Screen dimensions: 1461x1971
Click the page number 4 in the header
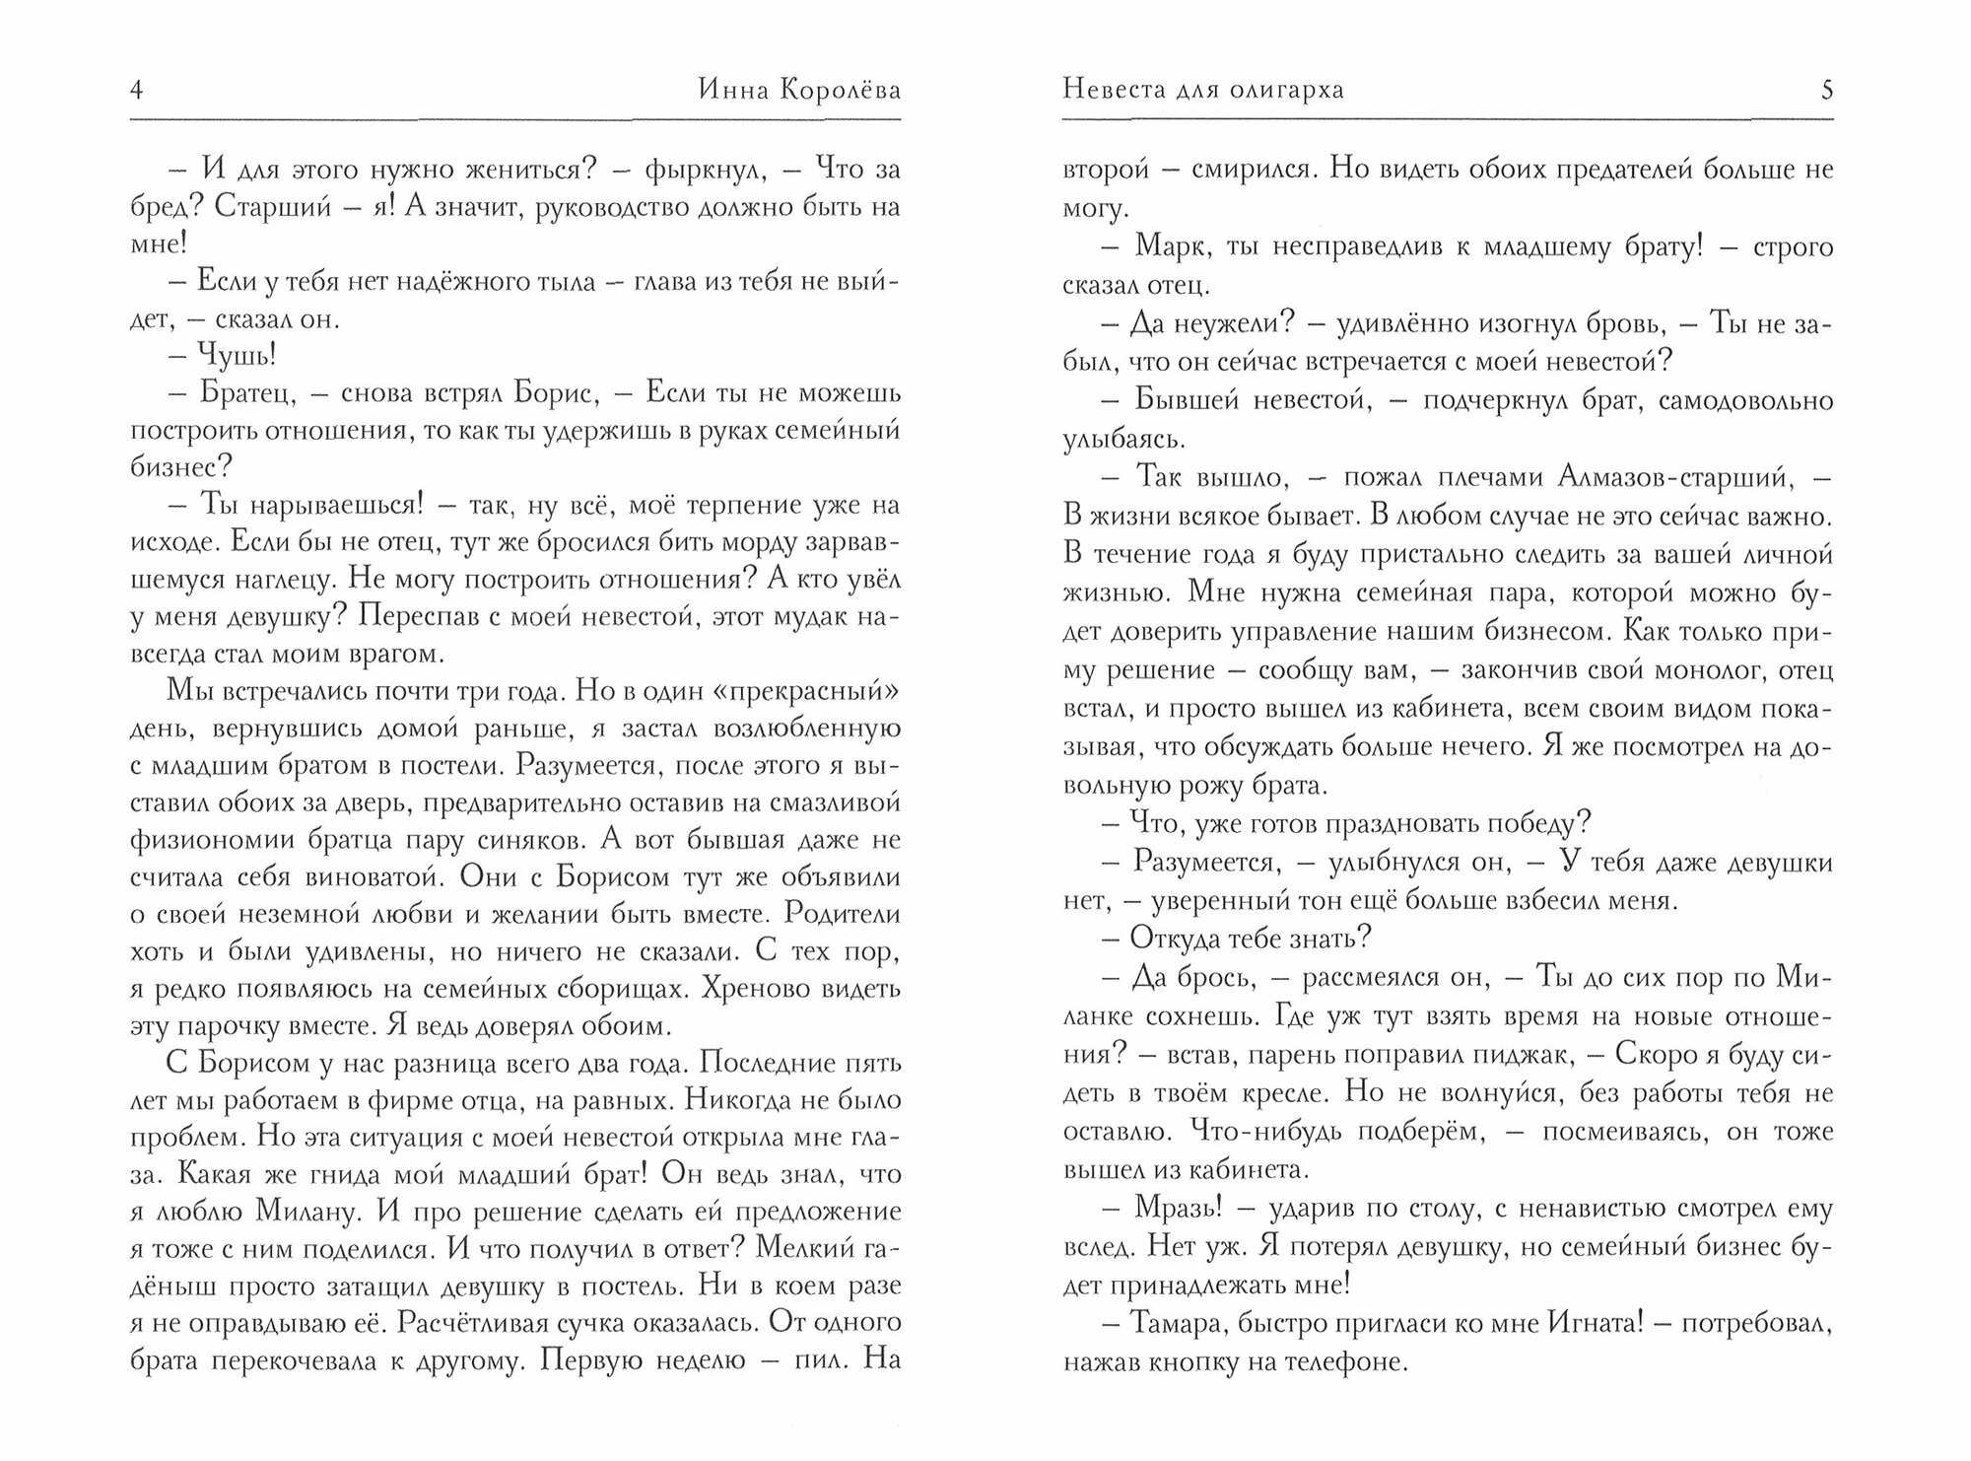coord(137,92)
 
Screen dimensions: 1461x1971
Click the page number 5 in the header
coord(1827,92)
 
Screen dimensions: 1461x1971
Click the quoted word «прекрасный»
coord(801,692)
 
